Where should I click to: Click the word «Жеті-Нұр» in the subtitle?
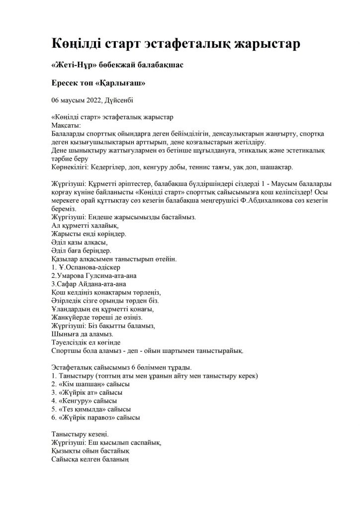(74, 66)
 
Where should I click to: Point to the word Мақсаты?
(67, 126)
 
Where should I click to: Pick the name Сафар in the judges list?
(68, 284)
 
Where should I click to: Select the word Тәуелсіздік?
(73, 342)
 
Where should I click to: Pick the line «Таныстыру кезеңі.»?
(80, 434)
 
